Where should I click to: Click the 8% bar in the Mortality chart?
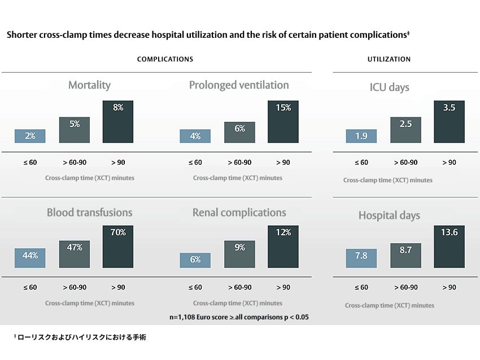[118, 121]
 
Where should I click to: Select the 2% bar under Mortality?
[30, 136]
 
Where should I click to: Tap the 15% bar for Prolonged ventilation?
[283, 121]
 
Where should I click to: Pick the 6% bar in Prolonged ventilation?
[239, 132]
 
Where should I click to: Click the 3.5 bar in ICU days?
[449, 121]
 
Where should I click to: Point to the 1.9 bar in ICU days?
[361, 136]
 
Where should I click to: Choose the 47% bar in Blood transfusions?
[75, 254]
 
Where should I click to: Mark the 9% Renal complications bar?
[239, 253]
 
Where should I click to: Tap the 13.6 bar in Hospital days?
[449, 247]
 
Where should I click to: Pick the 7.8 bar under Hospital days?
[361, 258]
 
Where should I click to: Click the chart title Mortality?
[89, 85]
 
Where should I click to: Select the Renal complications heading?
[239, 213]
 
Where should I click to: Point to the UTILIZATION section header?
[389, 59]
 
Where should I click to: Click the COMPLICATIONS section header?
[165, 59]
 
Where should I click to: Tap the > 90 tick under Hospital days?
[449, 288]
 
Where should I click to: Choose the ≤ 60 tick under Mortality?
[30, 163]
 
